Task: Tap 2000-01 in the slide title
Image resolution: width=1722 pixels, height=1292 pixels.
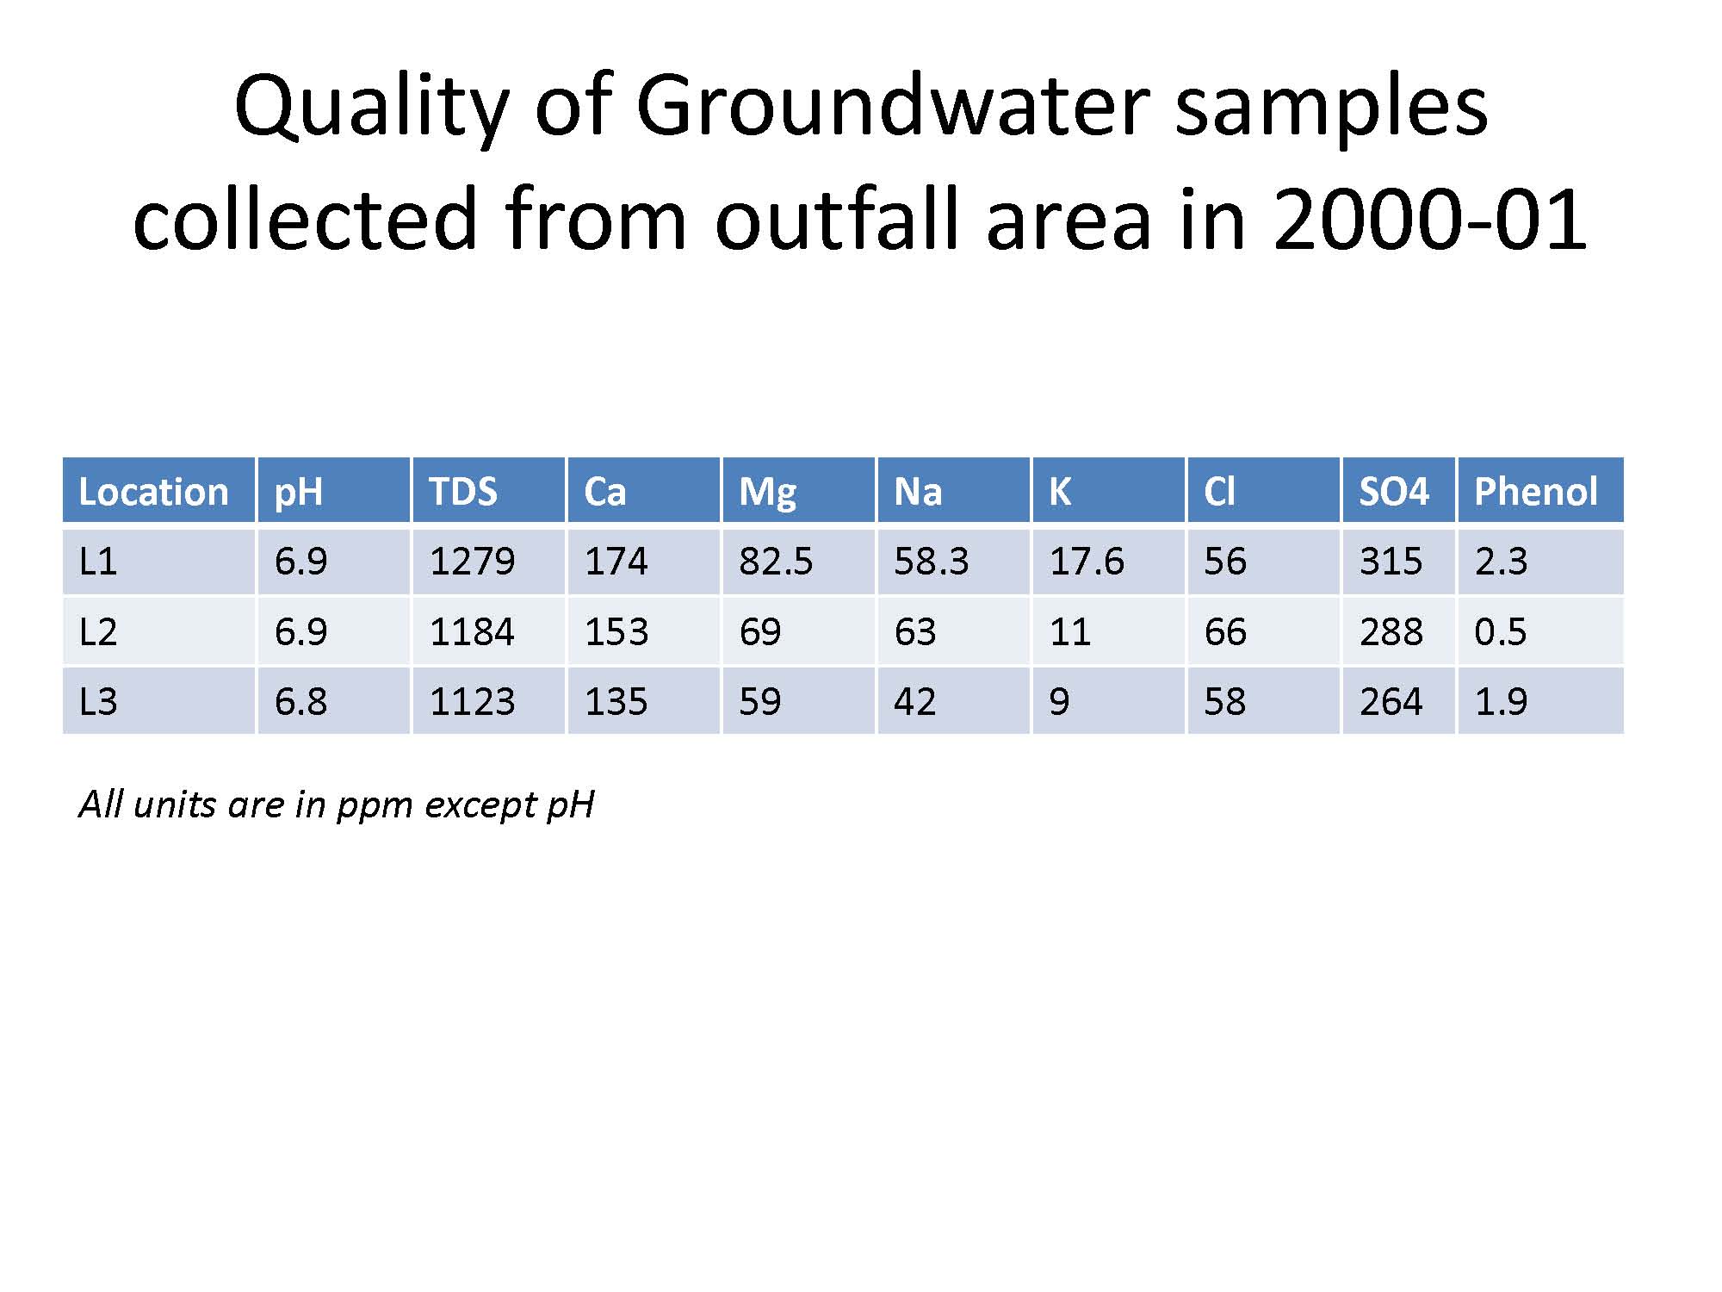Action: pyautogui.click(x=1428, y=220)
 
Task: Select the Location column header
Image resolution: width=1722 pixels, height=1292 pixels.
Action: pyautogui.click(x=153, y=492)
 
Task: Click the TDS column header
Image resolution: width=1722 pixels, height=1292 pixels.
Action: pyautogui.click(x=463, y=492)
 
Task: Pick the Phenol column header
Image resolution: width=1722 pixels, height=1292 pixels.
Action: pyautogui.click(x=1535, y=492)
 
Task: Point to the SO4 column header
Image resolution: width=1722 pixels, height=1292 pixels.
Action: pyautogui.click(x=1393, y=492)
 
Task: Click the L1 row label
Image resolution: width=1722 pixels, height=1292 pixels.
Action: pyautogui.click(x=97, y=562)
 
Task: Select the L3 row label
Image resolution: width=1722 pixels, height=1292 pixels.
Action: pyautogui.click(x=97, y=701)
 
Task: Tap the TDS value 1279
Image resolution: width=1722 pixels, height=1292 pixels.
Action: pyautogui.click(x=472, y=562)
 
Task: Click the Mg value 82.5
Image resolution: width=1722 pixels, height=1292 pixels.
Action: pyautogui.click(x=775, y=562)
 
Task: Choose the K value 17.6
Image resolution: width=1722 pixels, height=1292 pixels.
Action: pyautogui.click(x=1086, y=562)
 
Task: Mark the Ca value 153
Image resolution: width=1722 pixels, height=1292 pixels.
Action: pyautogui.click(x=616, y=632)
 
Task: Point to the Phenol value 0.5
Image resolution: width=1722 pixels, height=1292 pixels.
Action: pyautogui.click(x=1500, y=632)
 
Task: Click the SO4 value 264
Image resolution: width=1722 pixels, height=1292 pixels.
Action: pyautogui.click(x=1391, y=701)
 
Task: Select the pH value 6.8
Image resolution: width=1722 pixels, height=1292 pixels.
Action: pyautogui.click(x=300, y=701)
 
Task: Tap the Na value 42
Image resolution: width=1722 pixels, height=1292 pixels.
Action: pyautogui.click(x=914, y=701)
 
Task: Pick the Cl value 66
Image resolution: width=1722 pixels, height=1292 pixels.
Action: pyautogui.click(x=1224, y=632)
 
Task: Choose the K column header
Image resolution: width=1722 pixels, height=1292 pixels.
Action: pyautogui.click(x=1059, y=492)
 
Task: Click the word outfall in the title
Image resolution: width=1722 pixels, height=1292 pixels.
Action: pyautogui.click(x=836, y=220)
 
